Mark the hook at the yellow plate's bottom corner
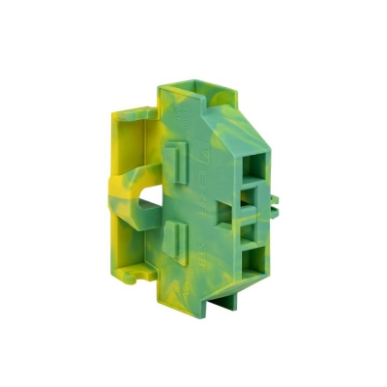[134, 275]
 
